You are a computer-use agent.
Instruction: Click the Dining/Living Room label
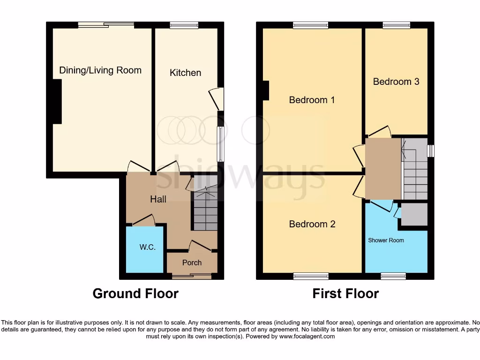(x=100, y=70)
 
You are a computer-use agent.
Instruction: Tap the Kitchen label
(x=185, y=73)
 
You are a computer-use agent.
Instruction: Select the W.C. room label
(x=147, y=247)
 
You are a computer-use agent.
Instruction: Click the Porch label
(x=192, y=262)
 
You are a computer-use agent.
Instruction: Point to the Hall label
(x=158, y=199)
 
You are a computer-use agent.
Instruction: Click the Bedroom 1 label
(x=312, y=100)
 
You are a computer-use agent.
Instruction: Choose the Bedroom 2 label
(x=312, y=224)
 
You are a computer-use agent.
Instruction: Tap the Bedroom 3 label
(x=396, y=82)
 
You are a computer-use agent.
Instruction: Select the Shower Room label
(x=386, y=240)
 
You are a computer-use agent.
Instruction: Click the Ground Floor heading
(x=135, y=294)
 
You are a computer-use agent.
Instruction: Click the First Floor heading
(x=345, y=294)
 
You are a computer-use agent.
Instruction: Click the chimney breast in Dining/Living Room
(x=57, y=102)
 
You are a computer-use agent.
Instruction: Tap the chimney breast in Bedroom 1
(x=266, y=90)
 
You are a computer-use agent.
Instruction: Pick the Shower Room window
(x=393, y=276)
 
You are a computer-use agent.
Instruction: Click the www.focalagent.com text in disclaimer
(x=307, y=336)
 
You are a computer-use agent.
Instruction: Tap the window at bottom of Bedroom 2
(x=311, y=276)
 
